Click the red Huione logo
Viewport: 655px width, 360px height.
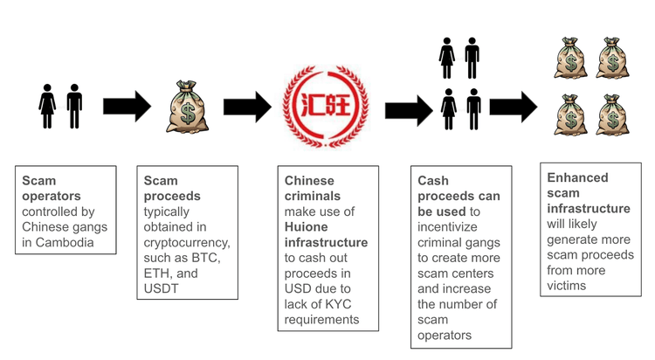tap(327, 107)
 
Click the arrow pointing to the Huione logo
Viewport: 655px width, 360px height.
tap(246, 107)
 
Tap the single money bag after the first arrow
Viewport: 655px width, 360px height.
tap(187, 107)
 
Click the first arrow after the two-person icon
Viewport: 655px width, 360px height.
tap(127, 107)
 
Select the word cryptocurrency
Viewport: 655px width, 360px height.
tap(187, 242)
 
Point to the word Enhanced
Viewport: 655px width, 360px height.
tap(578, 177)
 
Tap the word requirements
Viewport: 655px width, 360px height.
tap(321, 319)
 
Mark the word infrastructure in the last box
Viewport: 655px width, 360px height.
tap(589, 208)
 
